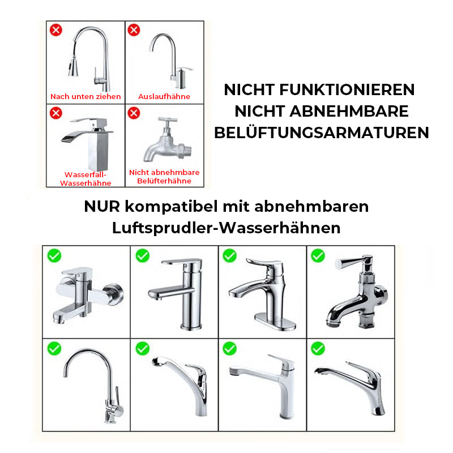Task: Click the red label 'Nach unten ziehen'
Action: coord(86,97)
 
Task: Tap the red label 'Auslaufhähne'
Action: coord(164,97)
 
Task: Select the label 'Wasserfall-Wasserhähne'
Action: coord(86,179)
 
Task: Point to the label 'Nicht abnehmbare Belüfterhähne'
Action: coord(164,177)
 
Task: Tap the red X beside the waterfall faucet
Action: coord(56,113)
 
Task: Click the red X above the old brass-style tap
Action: coord(134,113)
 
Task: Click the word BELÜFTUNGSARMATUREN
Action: coord(321,133)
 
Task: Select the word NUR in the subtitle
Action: coord(104,207)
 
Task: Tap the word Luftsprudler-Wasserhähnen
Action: coord(226,228)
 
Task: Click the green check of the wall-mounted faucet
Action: coord(54,256)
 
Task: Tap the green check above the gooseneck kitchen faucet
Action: coord(54,348)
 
